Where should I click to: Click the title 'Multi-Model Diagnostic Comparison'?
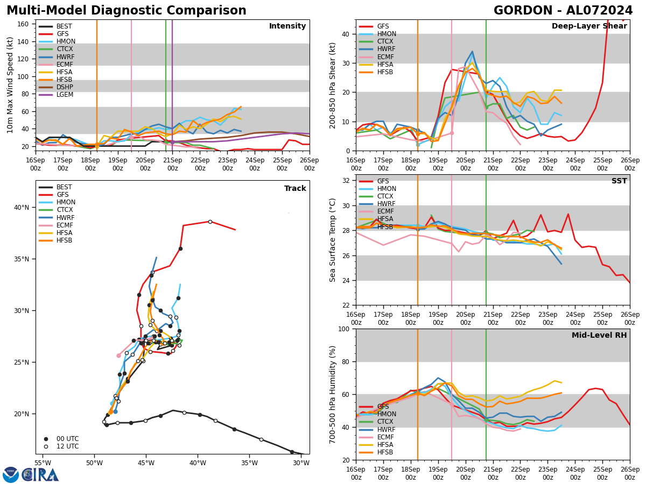click(127, 11)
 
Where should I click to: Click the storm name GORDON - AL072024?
click(563, 11)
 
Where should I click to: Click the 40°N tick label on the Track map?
click(22, 208)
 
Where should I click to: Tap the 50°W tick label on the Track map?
click(94, 463)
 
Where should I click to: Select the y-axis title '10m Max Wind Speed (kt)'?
click(10, 85)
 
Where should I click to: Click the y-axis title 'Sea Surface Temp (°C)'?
click(333, 240)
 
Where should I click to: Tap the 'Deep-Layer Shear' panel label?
click(589, 26)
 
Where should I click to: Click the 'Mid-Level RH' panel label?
click(599, 336)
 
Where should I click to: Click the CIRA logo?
click(40, 474)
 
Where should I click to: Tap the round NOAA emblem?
click(11, 475)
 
